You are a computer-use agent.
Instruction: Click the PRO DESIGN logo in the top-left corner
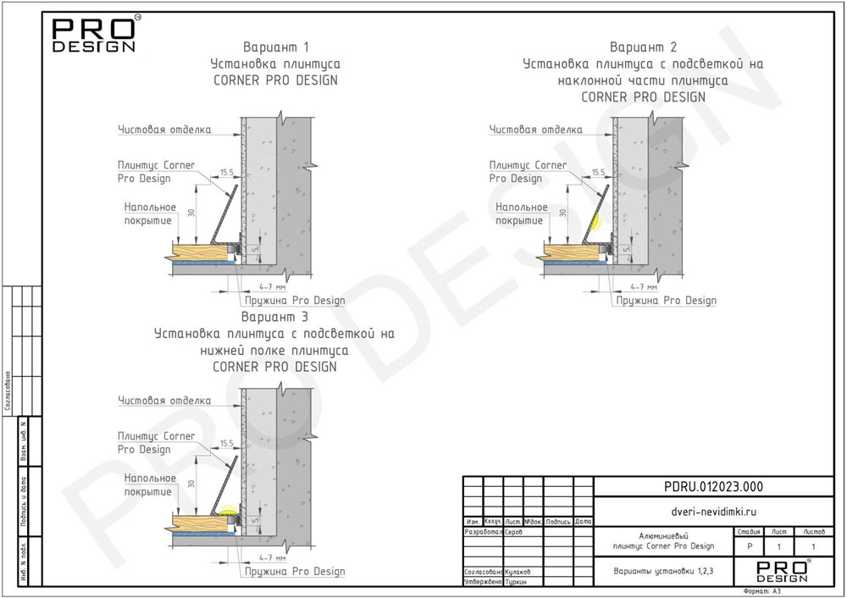[93, 35]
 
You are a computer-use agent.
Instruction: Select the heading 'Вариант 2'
[643, 47]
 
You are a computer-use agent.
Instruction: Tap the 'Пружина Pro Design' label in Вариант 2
[666, 301]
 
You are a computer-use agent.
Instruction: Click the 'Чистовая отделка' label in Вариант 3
[164, 401]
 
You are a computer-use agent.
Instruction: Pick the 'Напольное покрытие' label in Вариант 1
[149, 213]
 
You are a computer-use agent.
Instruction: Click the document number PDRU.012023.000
[721, 486]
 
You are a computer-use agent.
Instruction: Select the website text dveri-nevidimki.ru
[721, 512]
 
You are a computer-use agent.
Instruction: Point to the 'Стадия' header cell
[748, 532]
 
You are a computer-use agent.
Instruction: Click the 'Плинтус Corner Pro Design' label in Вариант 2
[528, 172]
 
